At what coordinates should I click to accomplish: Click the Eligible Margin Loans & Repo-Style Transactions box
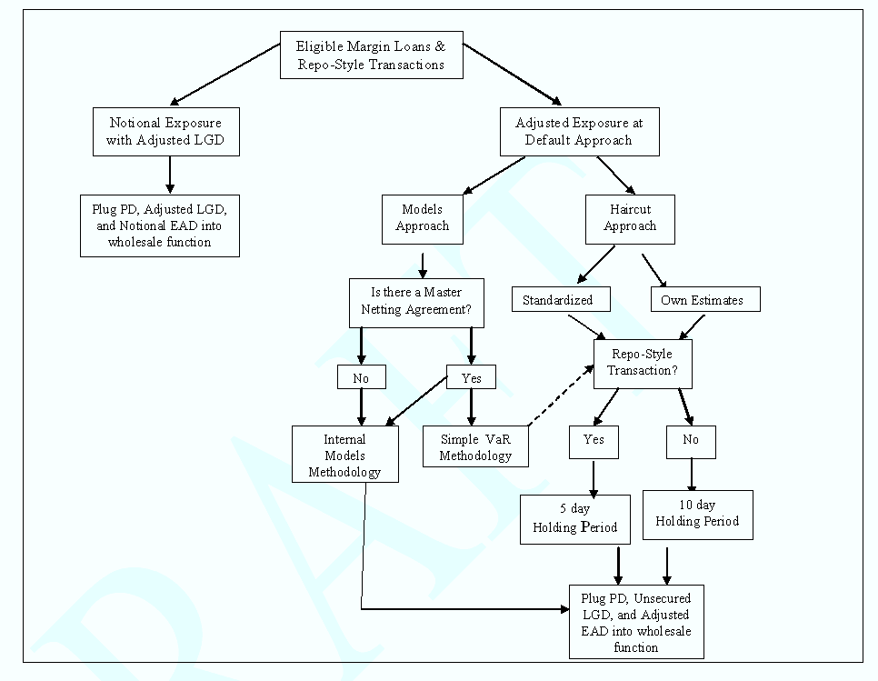(371, 55)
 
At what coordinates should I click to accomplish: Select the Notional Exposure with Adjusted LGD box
(165, 131)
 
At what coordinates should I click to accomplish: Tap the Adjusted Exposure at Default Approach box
(579, 131)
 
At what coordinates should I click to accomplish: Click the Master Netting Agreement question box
(416, 302)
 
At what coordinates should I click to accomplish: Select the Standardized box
(557, 299)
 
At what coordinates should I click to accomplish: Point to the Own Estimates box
(704, 299)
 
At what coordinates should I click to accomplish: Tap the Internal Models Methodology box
(344, 455)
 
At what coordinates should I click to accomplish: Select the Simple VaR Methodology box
(475, 446)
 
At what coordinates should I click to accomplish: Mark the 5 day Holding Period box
(574, 519)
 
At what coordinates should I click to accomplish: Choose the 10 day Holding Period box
(697, 514)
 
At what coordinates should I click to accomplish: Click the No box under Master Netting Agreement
(361, 376)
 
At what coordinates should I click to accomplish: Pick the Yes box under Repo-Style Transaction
(594, 441)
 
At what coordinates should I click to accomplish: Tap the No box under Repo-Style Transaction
(691, 441)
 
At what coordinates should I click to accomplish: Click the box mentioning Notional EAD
(159, 225)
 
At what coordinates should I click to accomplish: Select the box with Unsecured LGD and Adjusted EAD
(636, 621)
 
